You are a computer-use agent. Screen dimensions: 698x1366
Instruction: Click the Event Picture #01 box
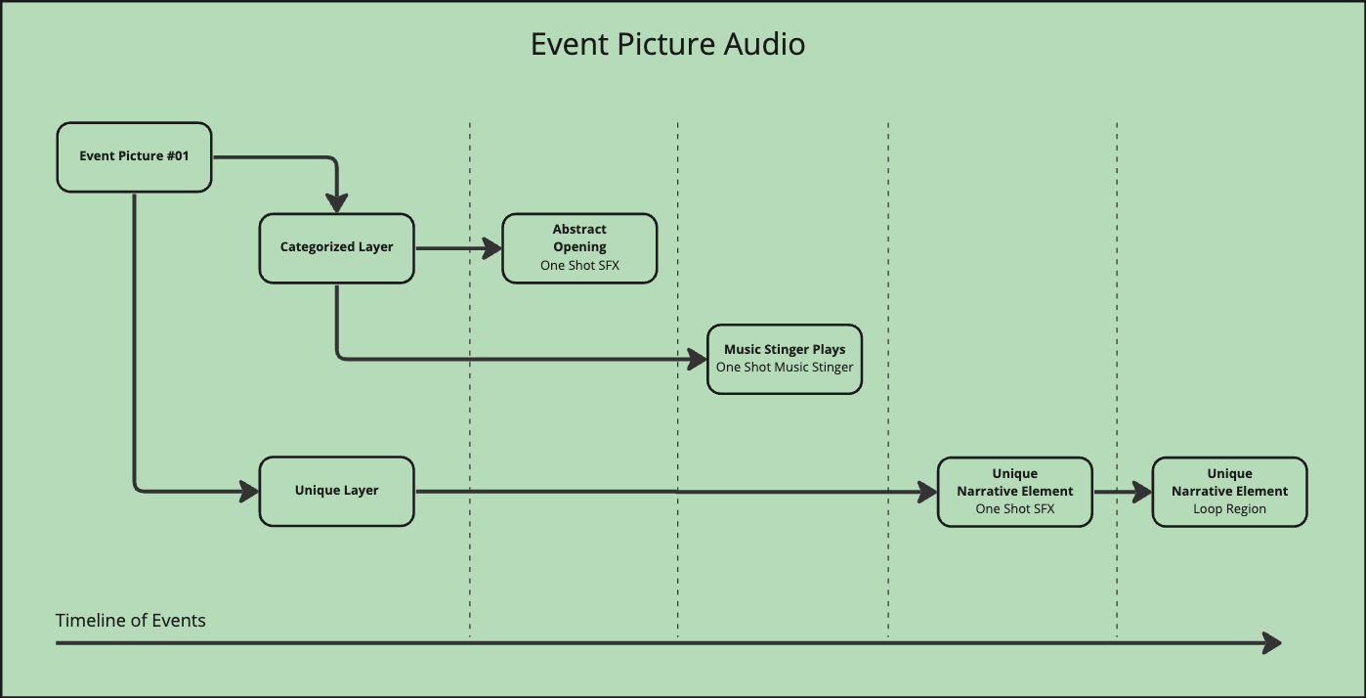coord(134,156)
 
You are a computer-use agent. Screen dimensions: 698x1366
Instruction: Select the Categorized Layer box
coord(336,248)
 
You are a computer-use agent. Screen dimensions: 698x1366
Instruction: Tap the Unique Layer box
coord(336,491)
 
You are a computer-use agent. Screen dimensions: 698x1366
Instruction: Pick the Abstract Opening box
coord(579,248)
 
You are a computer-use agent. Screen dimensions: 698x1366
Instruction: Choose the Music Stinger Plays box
coord(785,359)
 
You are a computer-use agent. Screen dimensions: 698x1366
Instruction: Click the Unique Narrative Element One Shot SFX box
coord(1014,492)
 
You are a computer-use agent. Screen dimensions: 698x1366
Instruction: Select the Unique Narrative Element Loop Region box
coord(1229,492)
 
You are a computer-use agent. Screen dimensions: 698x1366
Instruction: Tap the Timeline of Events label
coord(131,621)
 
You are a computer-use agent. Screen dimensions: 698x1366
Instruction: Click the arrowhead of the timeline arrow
coord(1272,642)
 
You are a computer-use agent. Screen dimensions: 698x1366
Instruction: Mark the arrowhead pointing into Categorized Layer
coord(336,203)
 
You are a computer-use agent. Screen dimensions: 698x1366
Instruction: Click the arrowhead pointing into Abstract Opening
coord(491,248)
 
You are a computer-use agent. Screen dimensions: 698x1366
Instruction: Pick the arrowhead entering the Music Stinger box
coord(697,359)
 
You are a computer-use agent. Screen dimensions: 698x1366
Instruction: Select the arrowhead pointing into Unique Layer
coord(249,491)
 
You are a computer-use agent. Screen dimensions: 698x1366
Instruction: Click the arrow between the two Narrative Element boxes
coord(1122,492)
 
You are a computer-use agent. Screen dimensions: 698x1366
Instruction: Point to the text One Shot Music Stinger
coord(785,368)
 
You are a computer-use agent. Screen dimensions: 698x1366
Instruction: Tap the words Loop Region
coord(1229,509)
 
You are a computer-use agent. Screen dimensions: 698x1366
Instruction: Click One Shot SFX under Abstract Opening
coord(579,266)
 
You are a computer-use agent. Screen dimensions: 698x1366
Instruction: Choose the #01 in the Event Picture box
coord(176,156)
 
